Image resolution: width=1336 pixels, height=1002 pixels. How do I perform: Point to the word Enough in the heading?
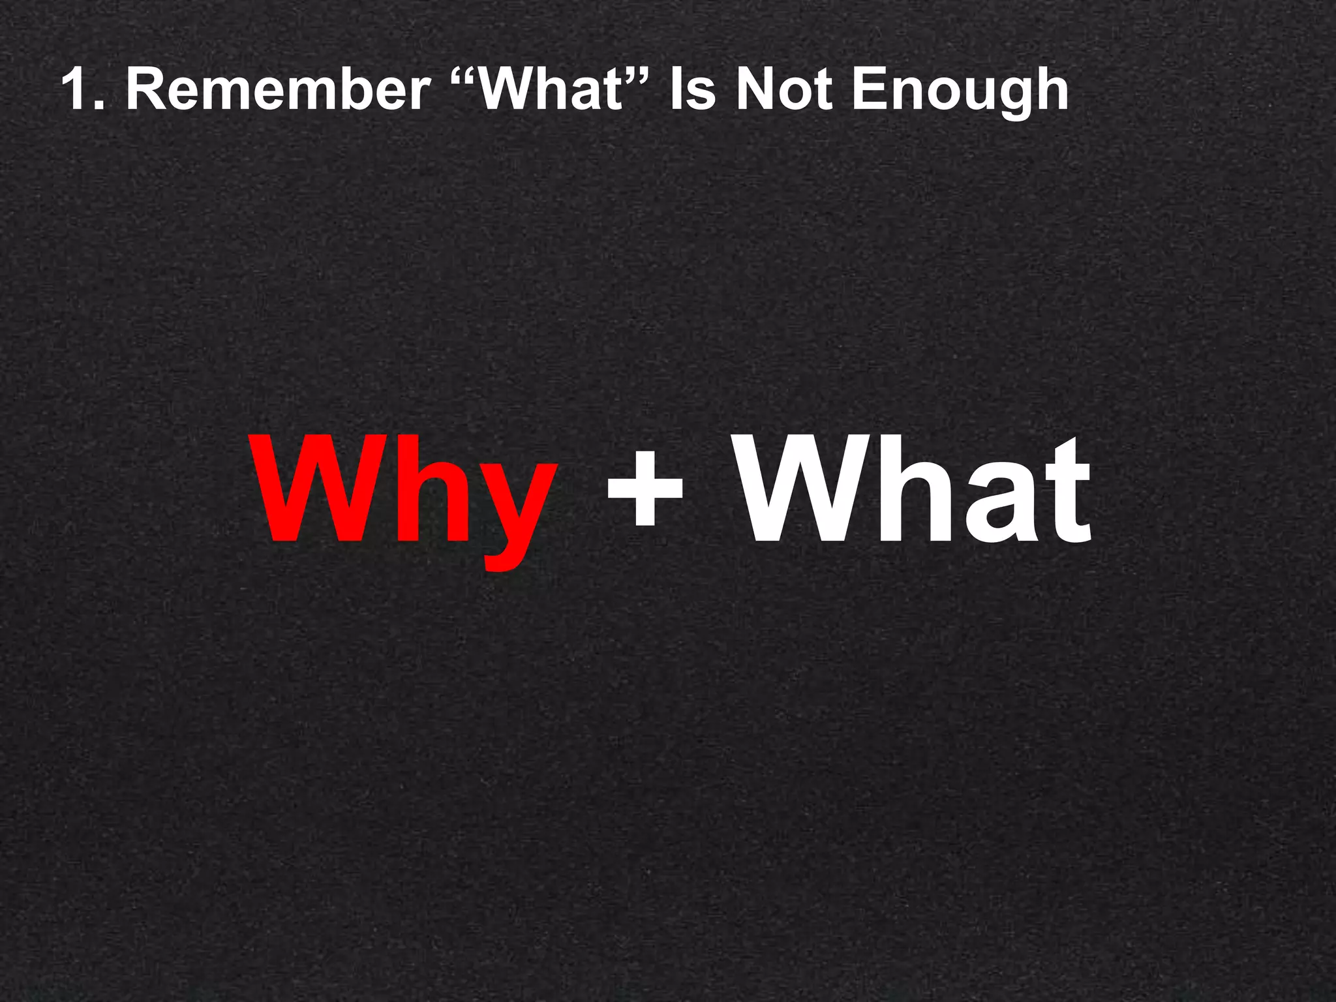pyautogui.click(x=960, y=91)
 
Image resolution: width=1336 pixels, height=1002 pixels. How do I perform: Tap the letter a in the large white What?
pyautogui.click(x=1005, y=506)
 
